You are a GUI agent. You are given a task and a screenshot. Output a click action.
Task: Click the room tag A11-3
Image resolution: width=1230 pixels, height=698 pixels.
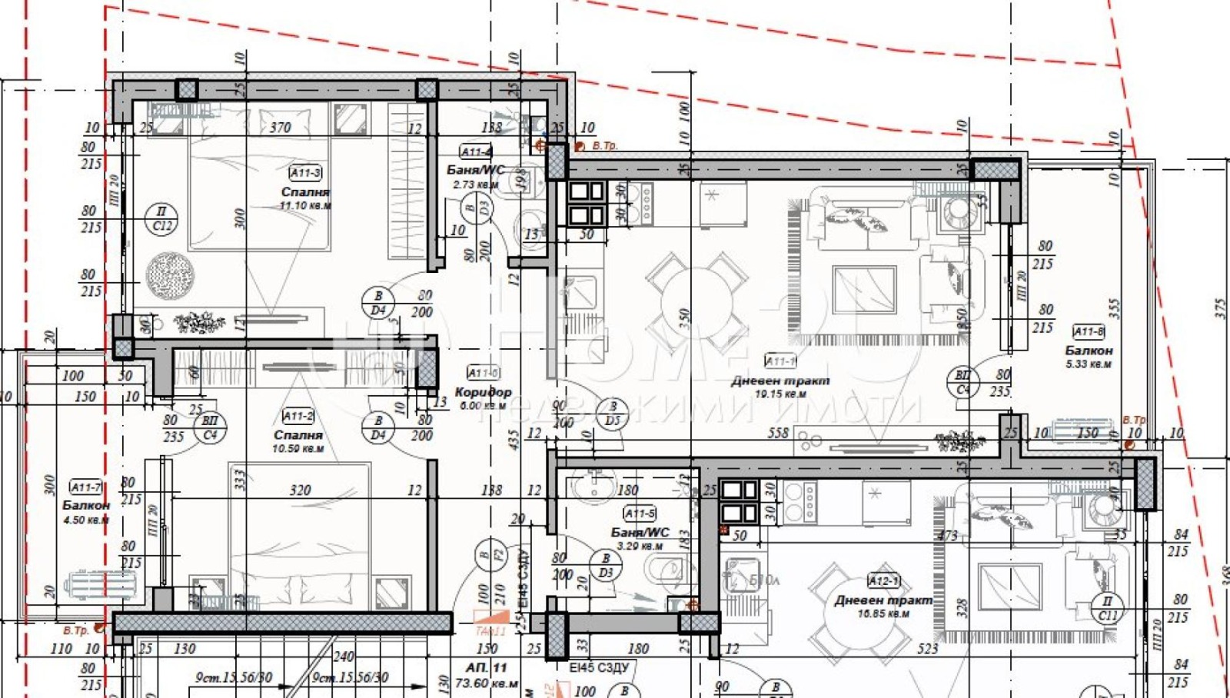coord(305,173)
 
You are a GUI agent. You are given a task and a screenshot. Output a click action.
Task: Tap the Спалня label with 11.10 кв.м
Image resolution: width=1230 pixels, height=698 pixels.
coord(305,191)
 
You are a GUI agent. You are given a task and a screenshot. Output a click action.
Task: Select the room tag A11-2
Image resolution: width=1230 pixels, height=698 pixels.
coord(298,417)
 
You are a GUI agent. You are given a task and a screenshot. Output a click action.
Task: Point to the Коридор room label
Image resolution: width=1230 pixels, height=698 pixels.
coord(483,392)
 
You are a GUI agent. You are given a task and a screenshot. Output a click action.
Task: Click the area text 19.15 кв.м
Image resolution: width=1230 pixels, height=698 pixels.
coord(780,394)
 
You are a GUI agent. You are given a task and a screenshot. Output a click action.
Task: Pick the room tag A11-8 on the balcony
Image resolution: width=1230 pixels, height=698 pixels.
coord(1089,332)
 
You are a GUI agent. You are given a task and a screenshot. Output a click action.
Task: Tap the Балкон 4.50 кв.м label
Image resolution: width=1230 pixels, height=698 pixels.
coord(86,506)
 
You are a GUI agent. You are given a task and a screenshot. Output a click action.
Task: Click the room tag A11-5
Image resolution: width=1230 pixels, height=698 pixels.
coord(640,514)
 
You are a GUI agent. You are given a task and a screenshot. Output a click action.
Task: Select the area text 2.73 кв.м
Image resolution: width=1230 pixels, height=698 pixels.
coord(476,184)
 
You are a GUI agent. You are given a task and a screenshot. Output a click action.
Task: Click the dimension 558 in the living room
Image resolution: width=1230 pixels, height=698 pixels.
coord(778,434)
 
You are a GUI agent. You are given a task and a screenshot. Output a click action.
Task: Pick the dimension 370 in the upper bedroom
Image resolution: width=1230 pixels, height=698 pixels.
coord(280,128)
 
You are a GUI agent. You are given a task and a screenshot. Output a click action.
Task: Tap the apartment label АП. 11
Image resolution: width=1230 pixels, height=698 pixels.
coord(486,667)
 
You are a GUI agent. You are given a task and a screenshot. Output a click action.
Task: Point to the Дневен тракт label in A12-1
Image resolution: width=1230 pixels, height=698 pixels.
coord(883,600)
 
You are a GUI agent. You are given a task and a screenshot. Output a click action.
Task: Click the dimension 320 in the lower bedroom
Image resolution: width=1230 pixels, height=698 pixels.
coord(300,490)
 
